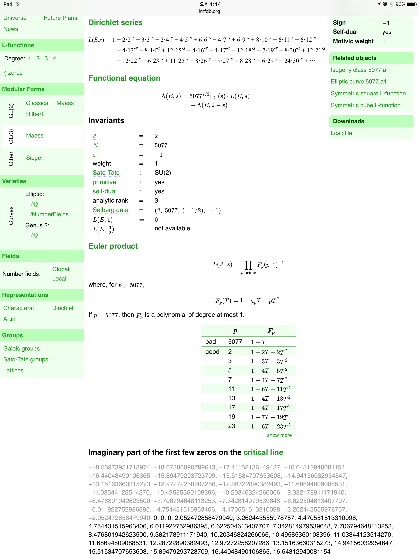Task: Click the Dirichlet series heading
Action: [115, 23]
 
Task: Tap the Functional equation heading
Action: [124, 78]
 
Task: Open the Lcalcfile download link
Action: [341, 133]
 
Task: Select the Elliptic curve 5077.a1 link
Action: [358, 82]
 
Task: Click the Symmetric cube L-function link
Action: [365, 105]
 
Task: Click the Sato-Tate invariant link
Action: [106, 173]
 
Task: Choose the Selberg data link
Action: [110, 210]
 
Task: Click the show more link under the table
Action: [279, 435]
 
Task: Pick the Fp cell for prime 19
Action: [270, 417]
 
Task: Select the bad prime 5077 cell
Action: [235, 342]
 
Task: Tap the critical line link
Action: [263, 452]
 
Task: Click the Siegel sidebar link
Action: [34, 158]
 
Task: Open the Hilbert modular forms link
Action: [34, 114]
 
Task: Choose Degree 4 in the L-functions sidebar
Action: [54, 58]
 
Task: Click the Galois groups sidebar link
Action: [21, 348]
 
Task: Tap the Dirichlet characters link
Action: [63, 308]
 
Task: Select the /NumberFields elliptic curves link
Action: [49, 214]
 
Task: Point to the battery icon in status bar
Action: [411, 4]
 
